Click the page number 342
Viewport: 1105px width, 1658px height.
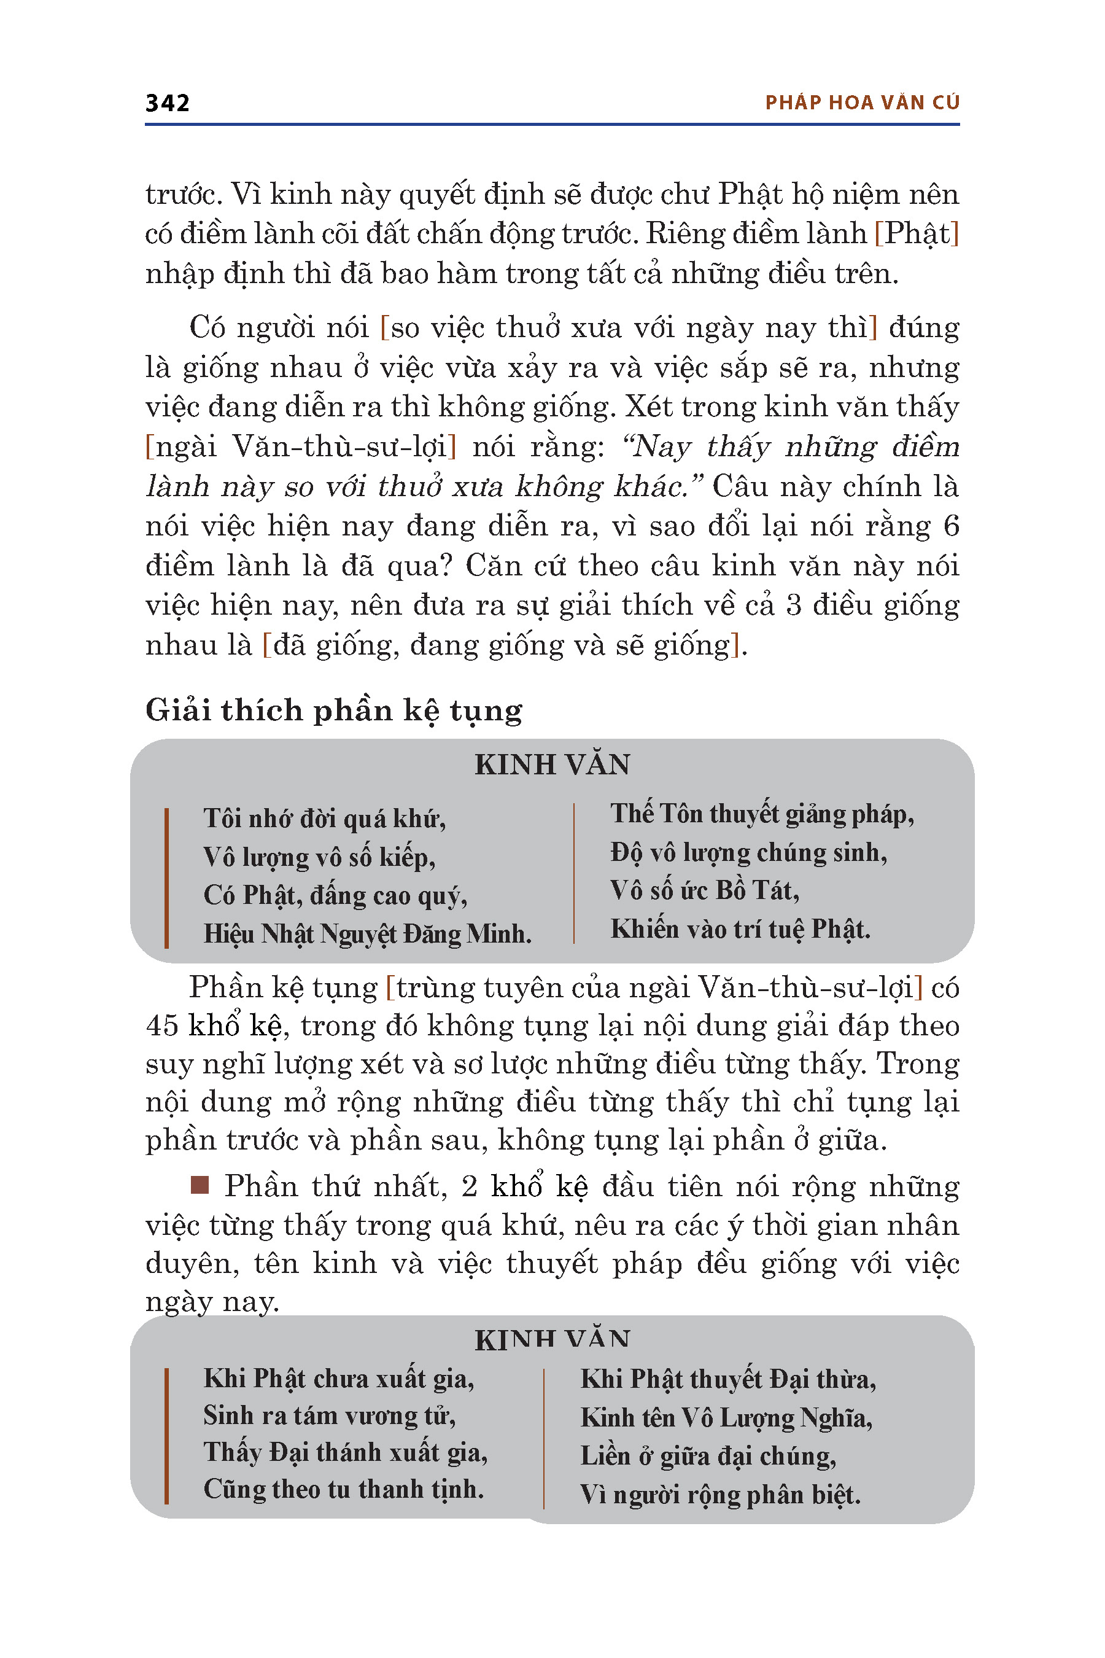pyautogui.click(x=167, y=103)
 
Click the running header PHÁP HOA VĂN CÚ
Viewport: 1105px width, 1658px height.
pyautogui.click(x=862, y=103)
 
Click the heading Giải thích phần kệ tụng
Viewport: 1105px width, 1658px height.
pyautogui.click(x=333, y=710)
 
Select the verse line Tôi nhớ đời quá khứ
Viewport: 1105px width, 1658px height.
pyautogui.click(x=324, y=819)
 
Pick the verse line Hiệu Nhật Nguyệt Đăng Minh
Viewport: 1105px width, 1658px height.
pyautogui.click(x=367, y=934)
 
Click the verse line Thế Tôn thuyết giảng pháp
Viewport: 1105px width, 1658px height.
pyautogui.click(x=762, y=814)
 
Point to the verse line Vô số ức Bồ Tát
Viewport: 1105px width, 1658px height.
pyautogui.click(x=705, y=891)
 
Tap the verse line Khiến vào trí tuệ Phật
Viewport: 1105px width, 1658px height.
pyautogui.click(x=740, y=930)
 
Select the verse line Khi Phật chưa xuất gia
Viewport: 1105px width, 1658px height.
pyautogui.click(x=338, y=1379)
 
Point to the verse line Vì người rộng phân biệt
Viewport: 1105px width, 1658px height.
pyautogui.click(x=720, y=1495)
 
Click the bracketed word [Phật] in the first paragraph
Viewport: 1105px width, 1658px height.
pyautogui.click(x=917, y=234)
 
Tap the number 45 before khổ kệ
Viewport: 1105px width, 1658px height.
pyautogui.click(x=161, y=1026)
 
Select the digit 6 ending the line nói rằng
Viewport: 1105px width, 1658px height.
pyautogui.click(x=951, y=526)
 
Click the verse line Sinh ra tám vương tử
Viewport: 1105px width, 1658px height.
pyautogui.click(x=329, y=1415)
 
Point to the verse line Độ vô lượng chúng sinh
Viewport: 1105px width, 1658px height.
pyautogui.click(x=748, y=853)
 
